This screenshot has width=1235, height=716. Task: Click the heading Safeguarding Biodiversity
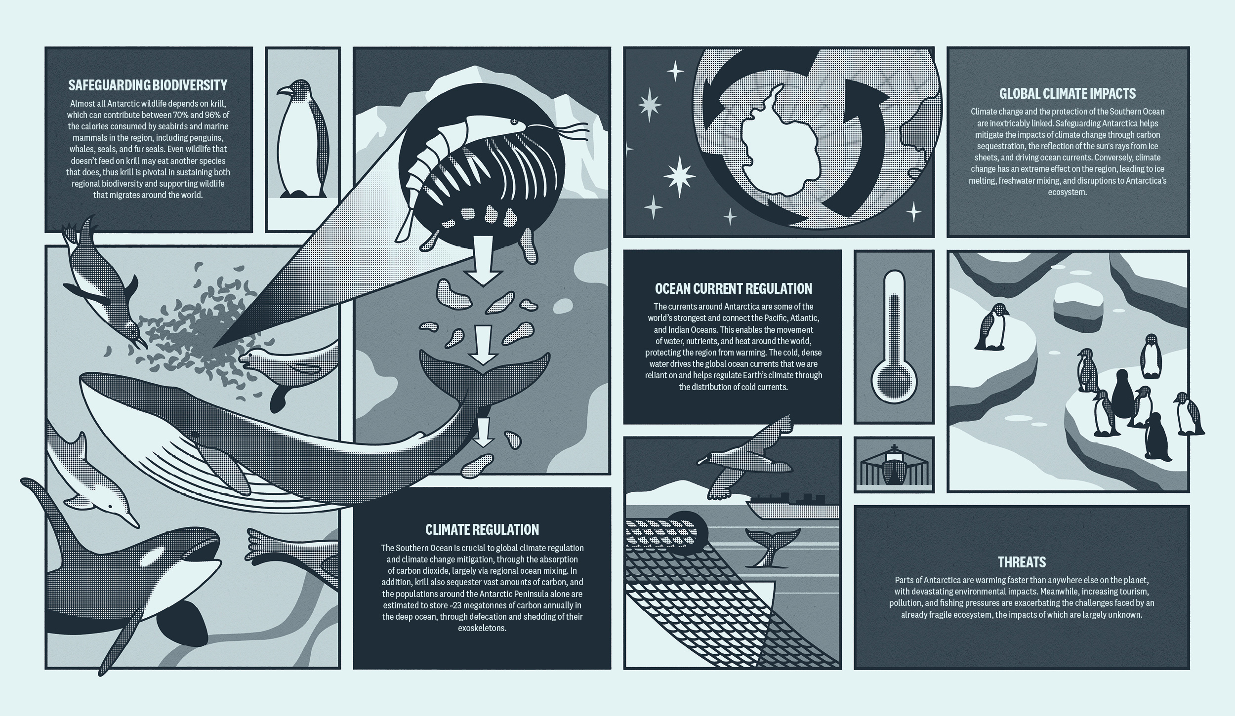pos(148,85)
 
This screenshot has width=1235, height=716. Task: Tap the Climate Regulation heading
pos(482,529)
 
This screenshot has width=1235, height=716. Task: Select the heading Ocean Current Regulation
pos(733,288)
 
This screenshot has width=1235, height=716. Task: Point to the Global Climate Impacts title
pos(1068,93)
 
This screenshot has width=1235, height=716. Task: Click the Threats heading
pos(1022,562)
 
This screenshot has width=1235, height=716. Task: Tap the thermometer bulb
pos(894,383)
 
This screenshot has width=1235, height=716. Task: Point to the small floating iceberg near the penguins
pos(1078,305)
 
